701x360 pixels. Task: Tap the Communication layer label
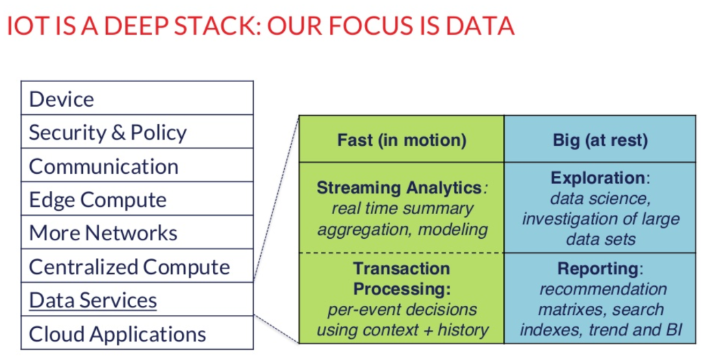(x=103, y=166)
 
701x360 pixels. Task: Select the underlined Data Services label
(x=93, y=300)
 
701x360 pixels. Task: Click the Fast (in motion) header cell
(x=401, y=140)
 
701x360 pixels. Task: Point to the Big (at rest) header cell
(x=600, y=140)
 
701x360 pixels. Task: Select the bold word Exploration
(x=598, y=178)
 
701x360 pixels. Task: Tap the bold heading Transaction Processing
(x=402, y=279)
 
